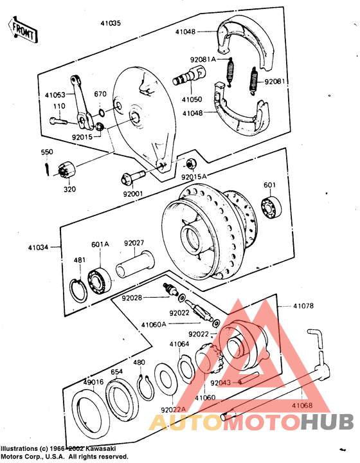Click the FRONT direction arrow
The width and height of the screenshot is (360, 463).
tap(21, 30)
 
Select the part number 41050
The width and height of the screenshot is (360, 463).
tap(192, 100)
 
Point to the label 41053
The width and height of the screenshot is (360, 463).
tap(55, 95)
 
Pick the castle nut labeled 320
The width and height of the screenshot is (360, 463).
tap(67, 171)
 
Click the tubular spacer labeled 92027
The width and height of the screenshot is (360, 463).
tap(137, 264)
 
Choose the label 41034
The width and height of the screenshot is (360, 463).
tap(38, 246)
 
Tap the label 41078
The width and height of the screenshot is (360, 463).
tap(303, 306)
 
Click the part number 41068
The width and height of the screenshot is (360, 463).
tap(302, 406)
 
